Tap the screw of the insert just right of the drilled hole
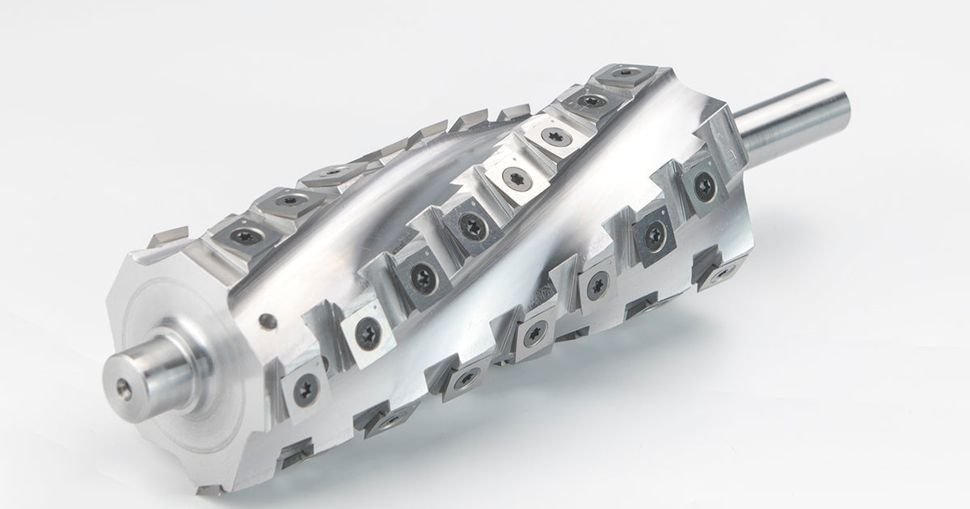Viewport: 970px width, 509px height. tap(366, 332)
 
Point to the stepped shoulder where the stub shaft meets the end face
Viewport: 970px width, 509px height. tap(186, 355)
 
